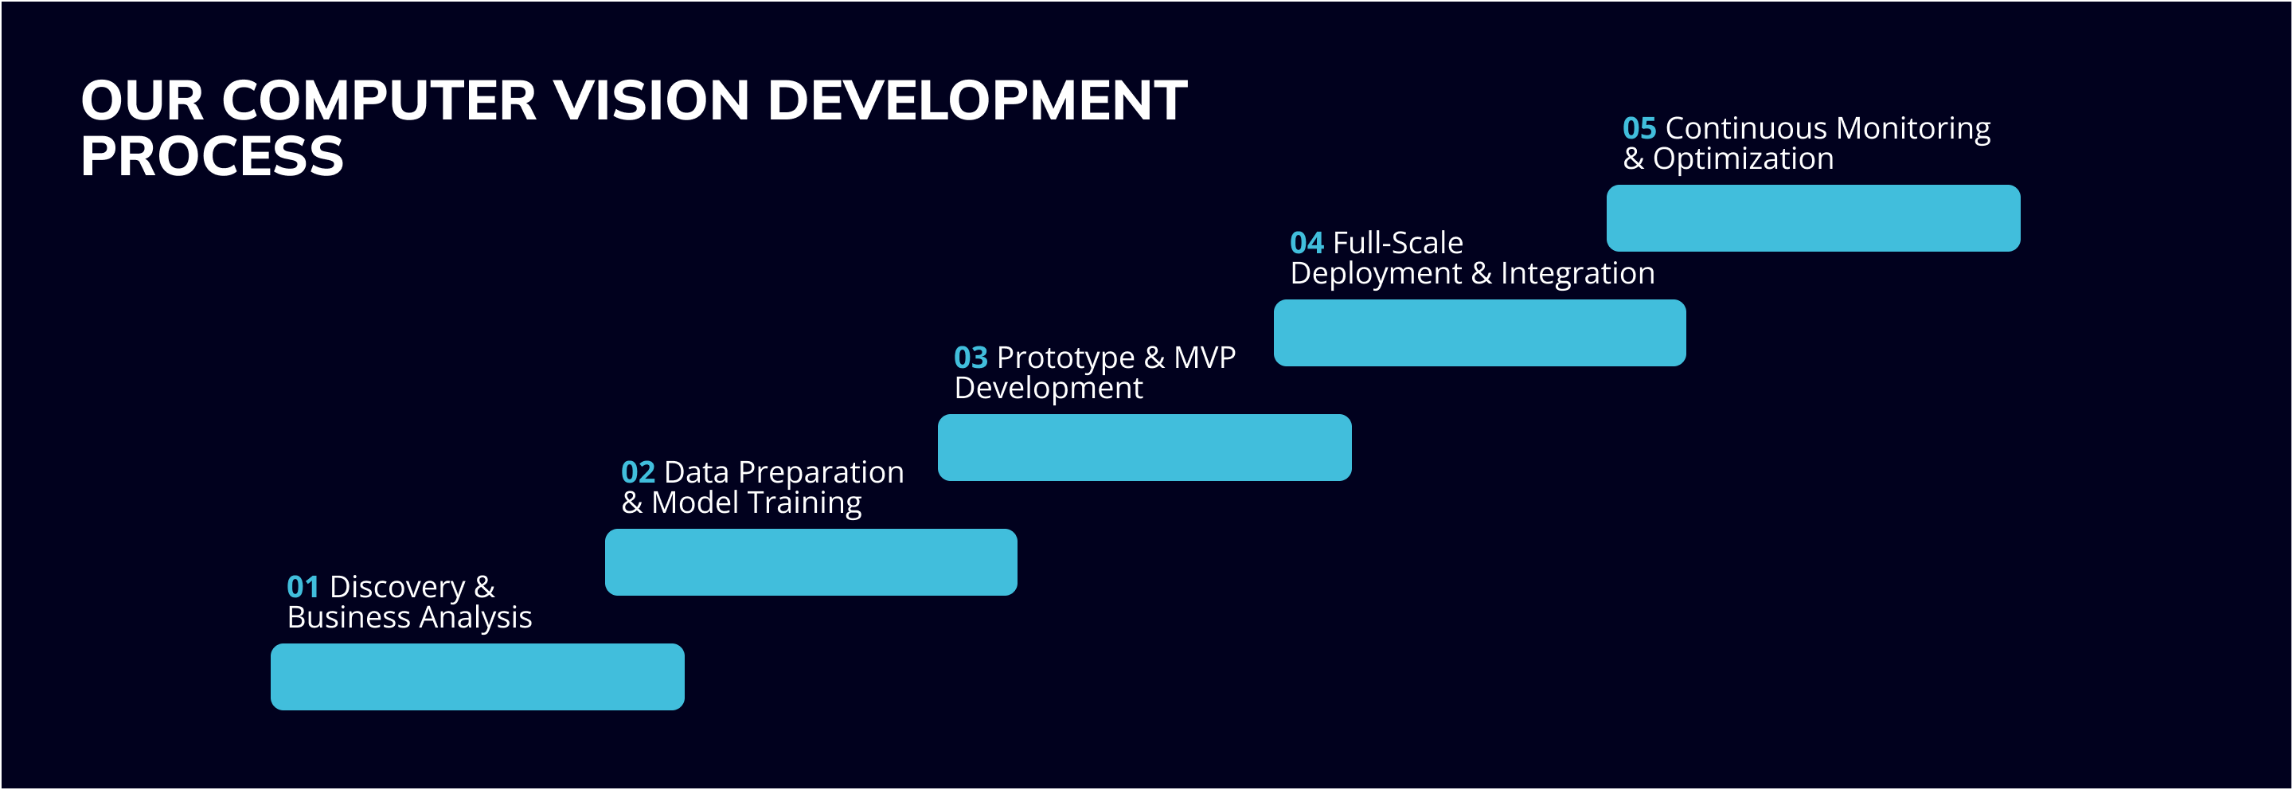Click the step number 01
(x=303, y=587)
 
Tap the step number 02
(x=637, y=472)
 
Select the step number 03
(x=971, y=357)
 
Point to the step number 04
(x=1307, y=242)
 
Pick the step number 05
(x=1639, y=128)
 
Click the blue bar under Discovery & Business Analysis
(x=477, y=677)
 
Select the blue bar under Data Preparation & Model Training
(x=811, y=562)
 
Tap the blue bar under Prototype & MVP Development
(x=1145, y=447)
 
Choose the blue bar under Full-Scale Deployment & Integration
(x=1479, y=333)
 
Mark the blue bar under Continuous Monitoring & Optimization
(x=1813, y=218)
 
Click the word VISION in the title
(x=650, y=100)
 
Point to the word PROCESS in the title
(x=212, y=157)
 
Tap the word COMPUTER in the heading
(x=379, y=100)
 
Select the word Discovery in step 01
(x=397, y=588)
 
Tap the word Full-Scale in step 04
(x=1397, y=242)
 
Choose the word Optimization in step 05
(x=1743, y=159)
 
